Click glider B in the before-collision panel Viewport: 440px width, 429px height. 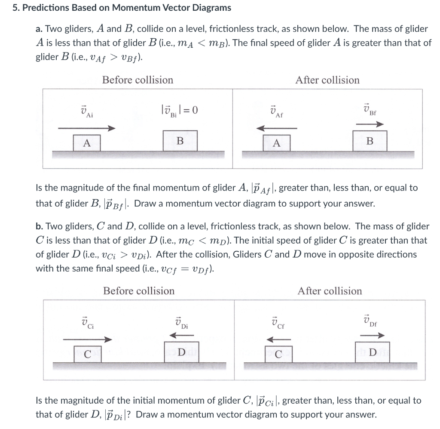pyautogui.click(x=180, y=141)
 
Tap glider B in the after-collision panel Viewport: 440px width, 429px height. pyautogui.click(x=370, y=141)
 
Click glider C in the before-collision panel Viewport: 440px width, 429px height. pyautogui.click(x=87, y=354)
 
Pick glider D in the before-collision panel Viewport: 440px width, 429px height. pyautogui.click(x=181, y=352)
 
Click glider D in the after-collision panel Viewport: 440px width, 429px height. pyautogui.click(x=372, y=352)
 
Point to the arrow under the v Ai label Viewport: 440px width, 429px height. pyautogui.click(x=86, y=128)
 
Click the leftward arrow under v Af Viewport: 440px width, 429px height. pyautogui.click(x=279, y=128)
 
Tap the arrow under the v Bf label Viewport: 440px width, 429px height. pyautogui.click(x=370, y=124)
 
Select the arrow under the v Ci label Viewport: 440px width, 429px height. pyautogui.click(x=87, y=339)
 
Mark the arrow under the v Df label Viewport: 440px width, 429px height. pyautogui.click(x=372, y=336)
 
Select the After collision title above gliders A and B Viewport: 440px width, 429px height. pyautogui.click(x=327, y=80)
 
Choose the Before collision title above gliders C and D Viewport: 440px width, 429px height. pyautogui.click(x=139, y=291)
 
